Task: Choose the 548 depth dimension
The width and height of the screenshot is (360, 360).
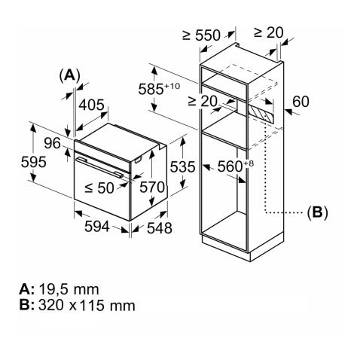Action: pos(159,227)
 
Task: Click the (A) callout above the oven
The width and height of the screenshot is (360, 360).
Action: pos(69,75)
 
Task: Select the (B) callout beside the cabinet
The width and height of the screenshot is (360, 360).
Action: pos(317,213)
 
